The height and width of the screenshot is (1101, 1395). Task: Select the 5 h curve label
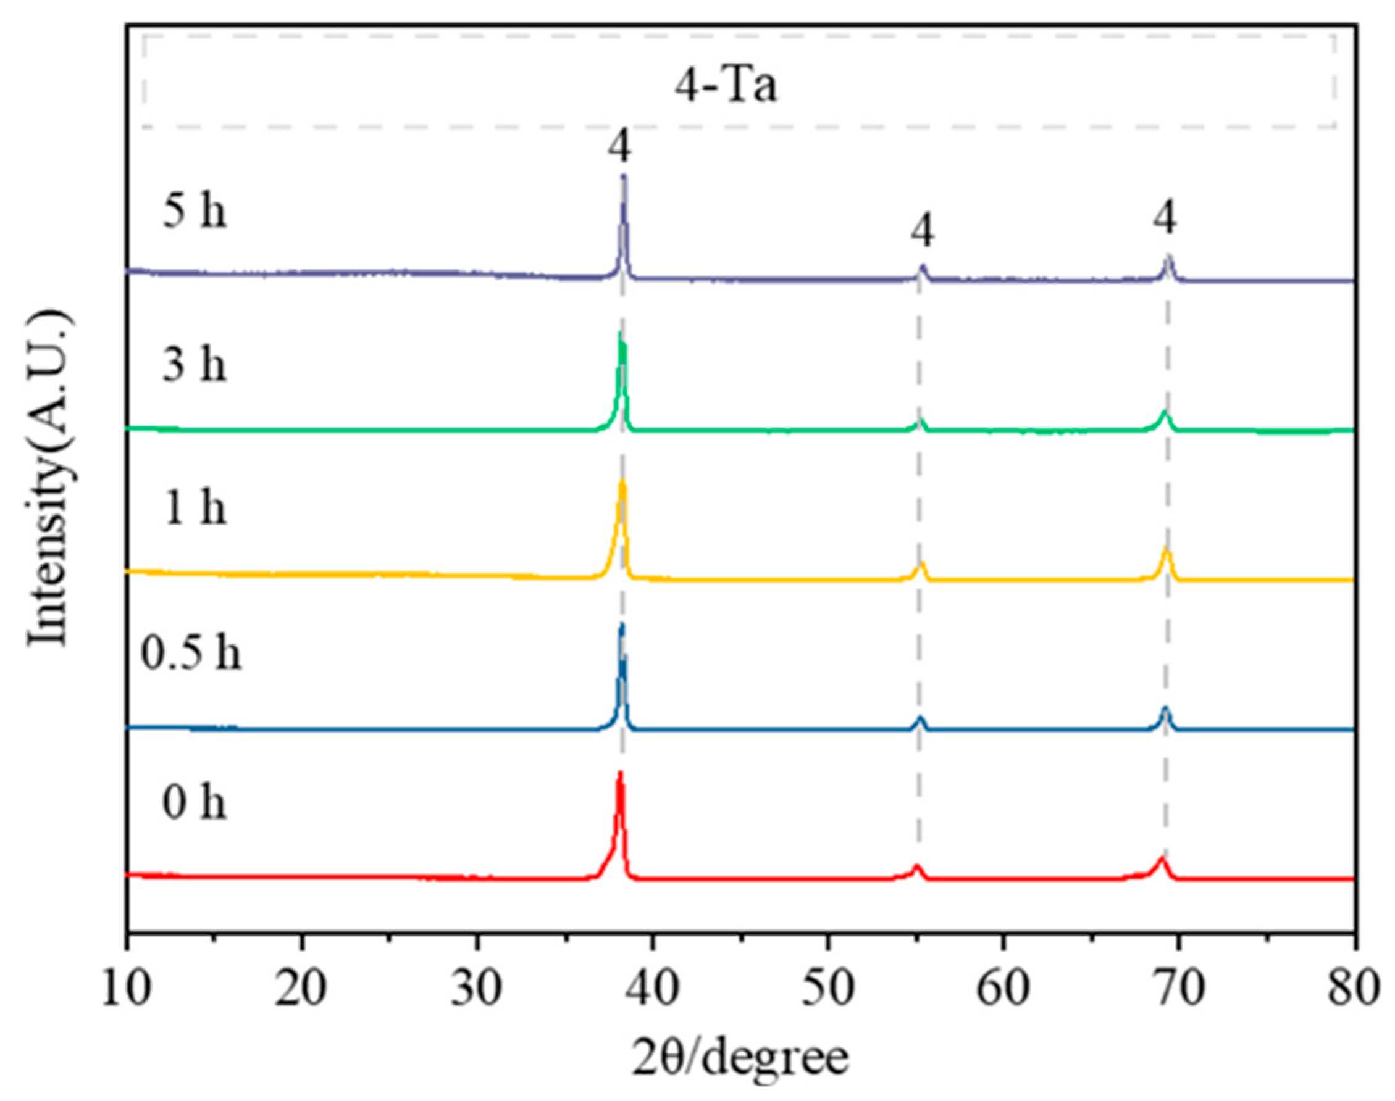click(194, 212)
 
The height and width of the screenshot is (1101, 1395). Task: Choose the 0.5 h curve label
click(191, 654)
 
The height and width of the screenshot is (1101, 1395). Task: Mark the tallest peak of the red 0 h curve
click(620, 774)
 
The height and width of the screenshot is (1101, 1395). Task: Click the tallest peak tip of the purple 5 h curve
click(623, 177)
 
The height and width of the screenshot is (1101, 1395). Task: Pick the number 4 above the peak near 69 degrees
click(1165, 218)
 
